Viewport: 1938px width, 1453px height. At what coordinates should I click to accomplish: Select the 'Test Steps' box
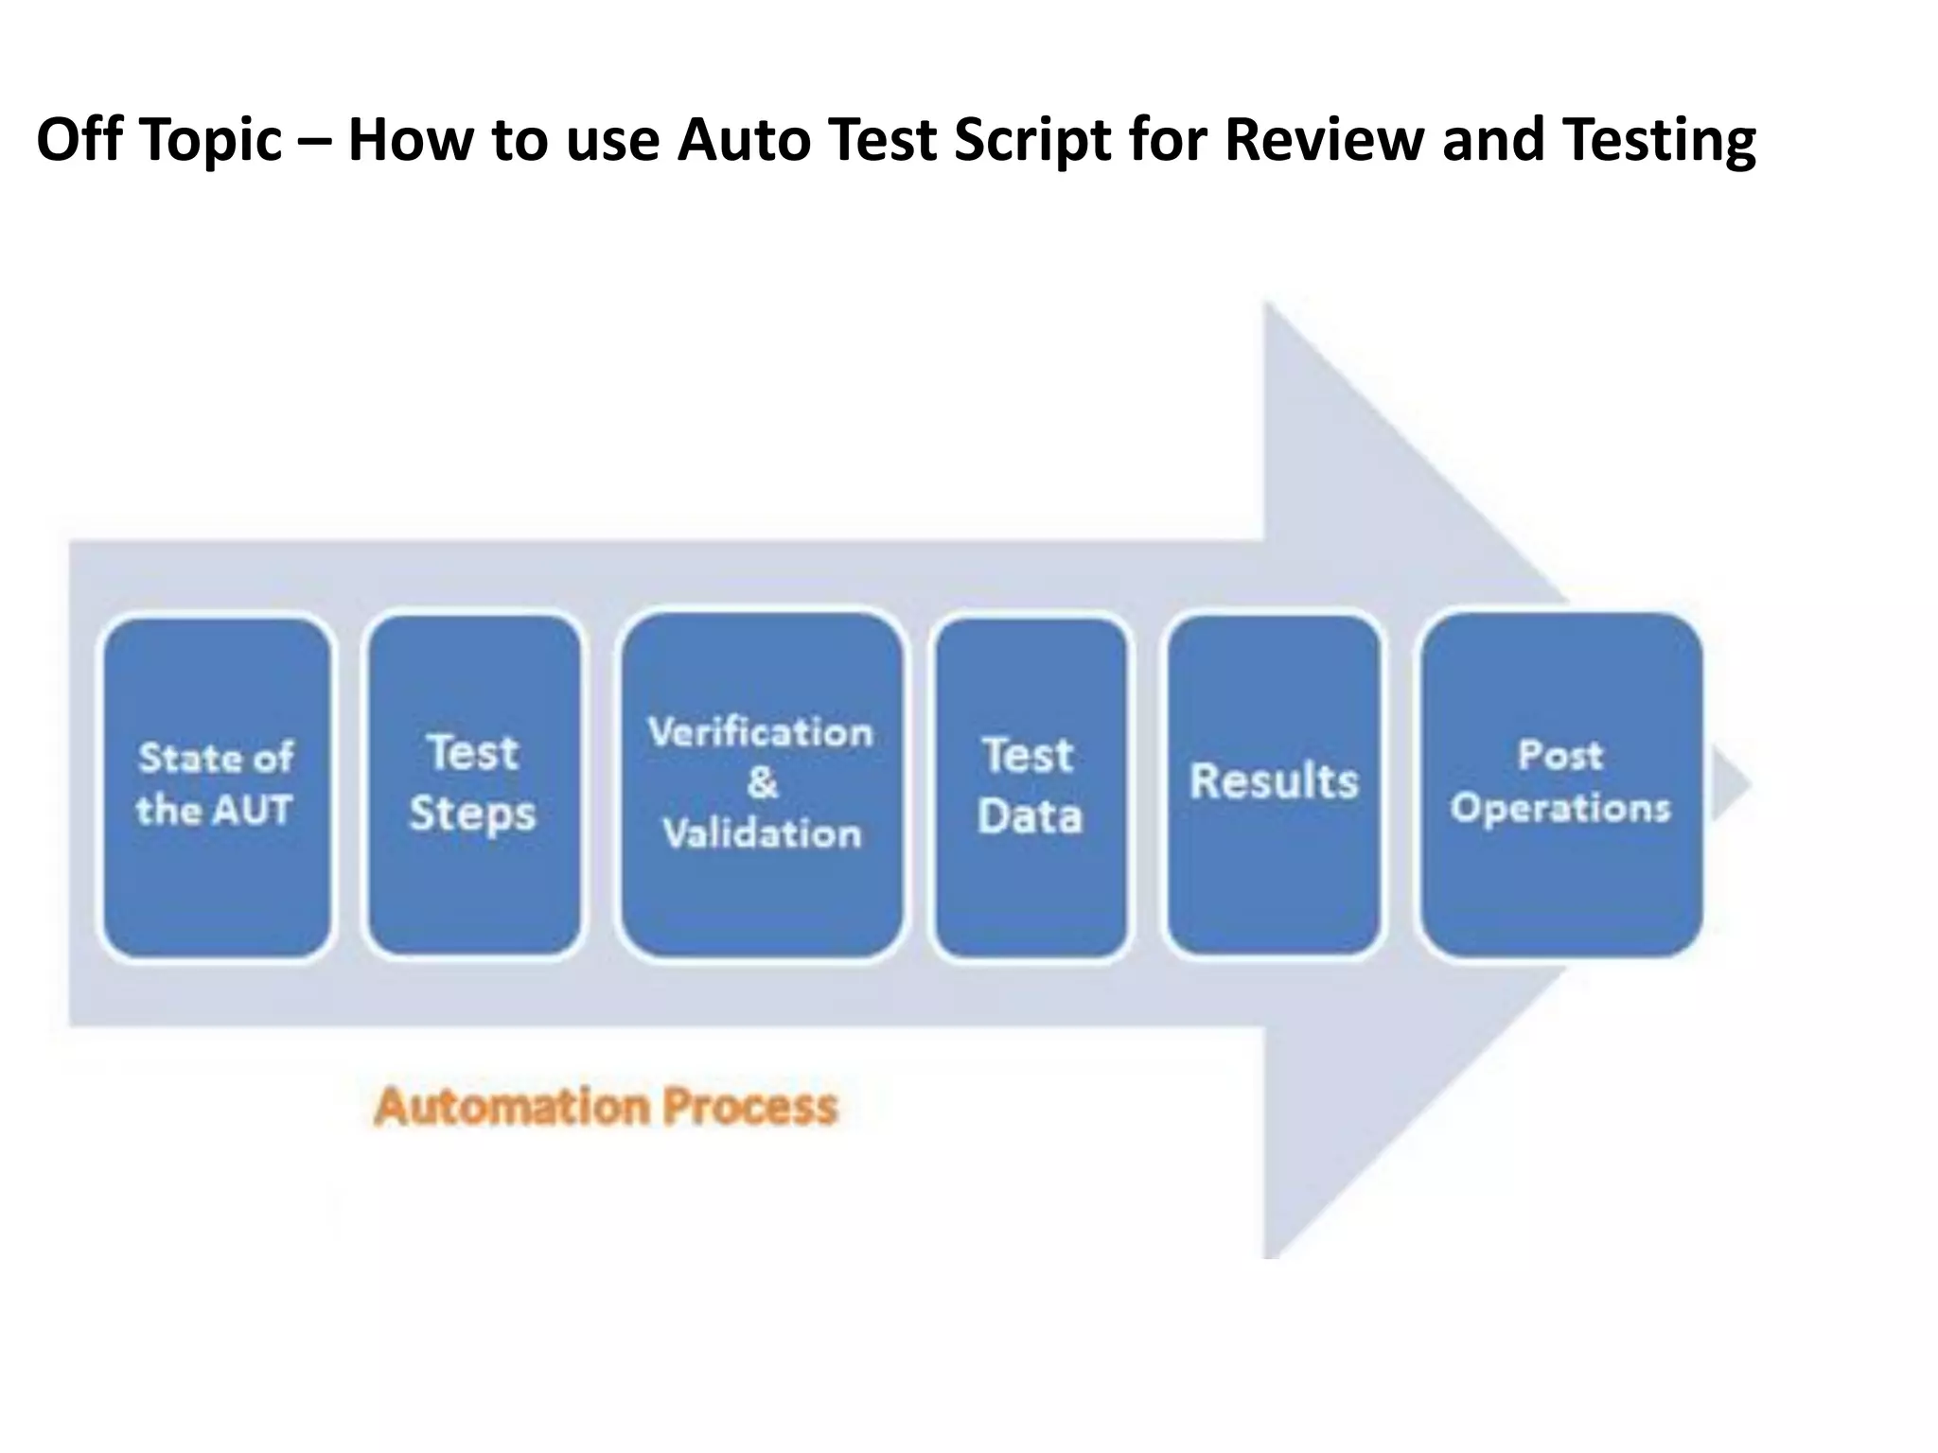[x=473, y=785]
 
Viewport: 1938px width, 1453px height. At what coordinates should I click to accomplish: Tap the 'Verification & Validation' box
[x=762, y=785]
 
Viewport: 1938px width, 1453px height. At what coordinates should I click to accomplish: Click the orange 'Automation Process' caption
[x=606, y=1107]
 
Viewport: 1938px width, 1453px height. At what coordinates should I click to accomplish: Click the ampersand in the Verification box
[x=762, y=782]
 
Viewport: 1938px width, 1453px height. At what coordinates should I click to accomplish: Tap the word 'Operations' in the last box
[x=1561, y=809]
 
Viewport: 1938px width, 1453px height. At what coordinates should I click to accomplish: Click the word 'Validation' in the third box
[x=762, y=834]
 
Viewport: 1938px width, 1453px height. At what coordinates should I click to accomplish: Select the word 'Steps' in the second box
[x=472, y=814]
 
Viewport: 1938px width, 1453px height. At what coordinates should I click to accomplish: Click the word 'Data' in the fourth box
[x=1030, y=816]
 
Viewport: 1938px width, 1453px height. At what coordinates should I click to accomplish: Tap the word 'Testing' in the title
[x=1659, y=140]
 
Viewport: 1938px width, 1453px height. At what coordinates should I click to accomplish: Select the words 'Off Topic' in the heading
[x=159, y=140]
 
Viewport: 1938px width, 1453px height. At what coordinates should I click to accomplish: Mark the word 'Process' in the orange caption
[x=749, y=1107]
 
